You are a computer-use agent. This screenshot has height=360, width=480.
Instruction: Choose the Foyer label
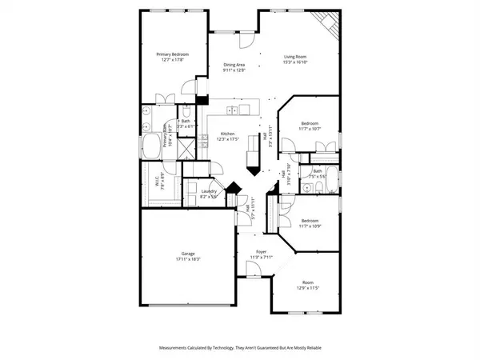point(256,254)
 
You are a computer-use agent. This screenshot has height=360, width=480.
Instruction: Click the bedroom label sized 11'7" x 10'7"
point(310,123)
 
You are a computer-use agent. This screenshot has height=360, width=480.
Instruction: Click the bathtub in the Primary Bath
point(150,145)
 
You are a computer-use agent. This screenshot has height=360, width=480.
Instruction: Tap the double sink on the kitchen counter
point(232,110)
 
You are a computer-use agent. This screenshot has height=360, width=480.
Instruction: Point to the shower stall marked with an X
point(184,148)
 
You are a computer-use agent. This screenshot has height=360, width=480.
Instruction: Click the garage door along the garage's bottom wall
point(189,305)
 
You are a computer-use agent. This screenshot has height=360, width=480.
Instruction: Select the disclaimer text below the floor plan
point(240,347)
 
